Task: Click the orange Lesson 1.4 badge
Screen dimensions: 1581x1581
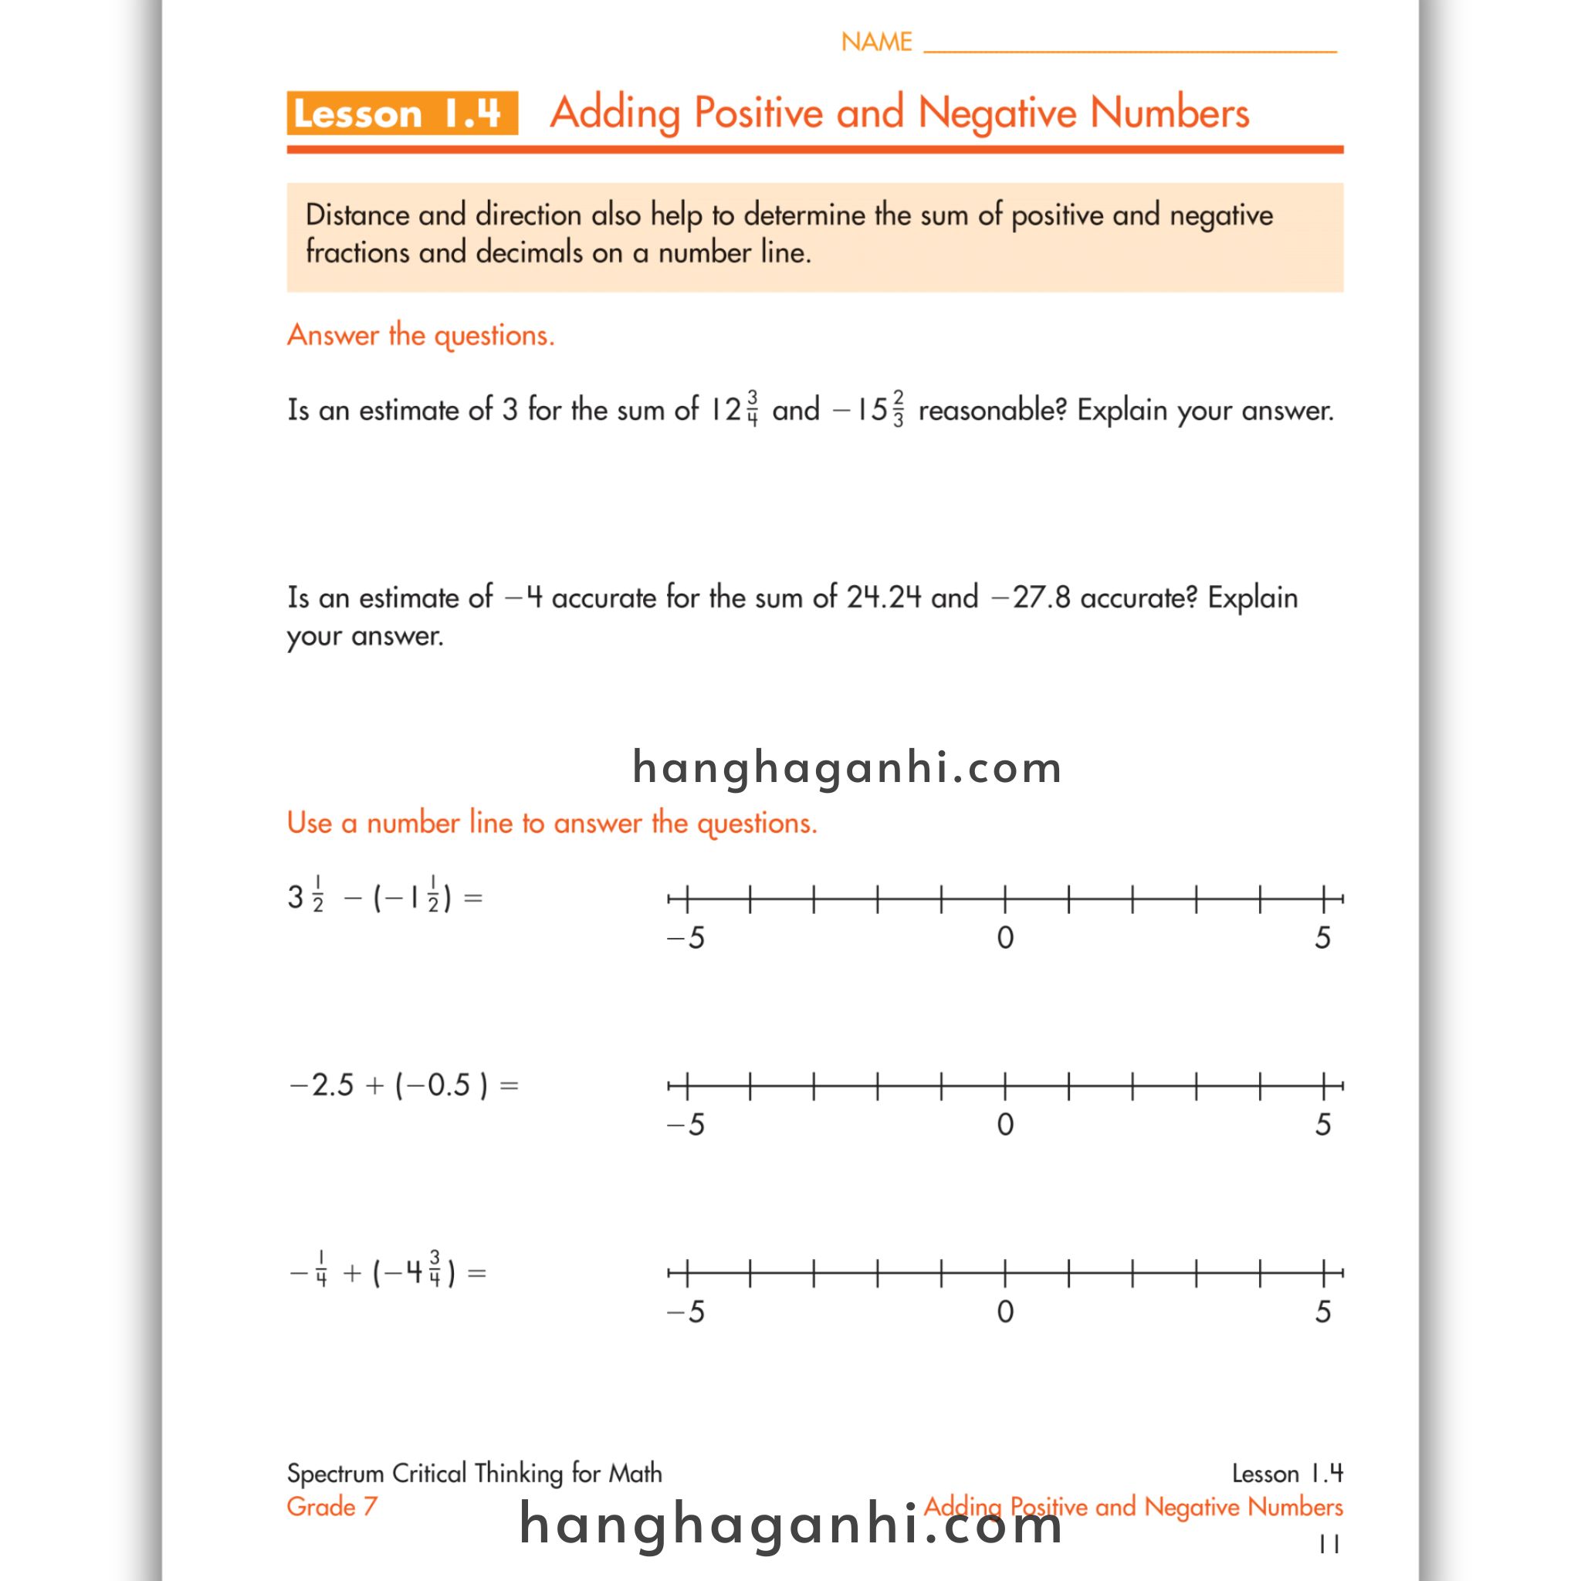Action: click(401, 113)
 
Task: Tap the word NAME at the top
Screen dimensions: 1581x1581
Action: click(875, 42)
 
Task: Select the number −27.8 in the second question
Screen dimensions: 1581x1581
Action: click(1031, 598)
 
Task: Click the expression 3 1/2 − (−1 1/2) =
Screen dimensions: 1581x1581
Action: click(384, 898)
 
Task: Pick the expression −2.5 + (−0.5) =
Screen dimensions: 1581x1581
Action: click(405, 1085)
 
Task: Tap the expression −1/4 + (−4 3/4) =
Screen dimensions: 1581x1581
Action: click(388, 1272)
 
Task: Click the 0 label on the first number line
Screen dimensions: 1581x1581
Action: click(1005, 938)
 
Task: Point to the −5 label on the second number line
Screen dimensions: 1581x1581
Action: click(686, 1126)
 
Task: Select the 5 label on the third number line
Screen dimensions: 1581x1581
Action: click(1322, 1312)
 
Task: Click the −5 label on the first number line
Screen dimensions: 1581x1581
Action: click(686, 938)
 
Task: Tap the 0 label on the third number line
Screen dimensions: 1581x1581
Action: click(1005, 1312)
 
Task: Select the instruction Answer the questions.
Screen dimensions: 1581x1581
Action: click(421, 336)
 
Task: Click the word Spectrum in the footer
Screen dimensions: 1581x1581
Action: click(335, 1473)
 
